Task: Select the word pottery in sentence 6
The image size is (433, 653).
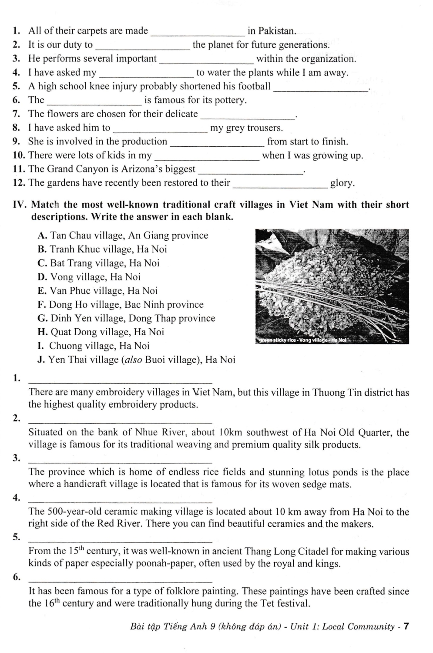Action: click(229, 100)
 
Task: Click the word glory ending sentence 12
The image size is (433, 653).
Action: click(342, 183)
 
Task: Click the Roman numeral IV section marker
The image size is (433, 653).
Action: click(20, 205)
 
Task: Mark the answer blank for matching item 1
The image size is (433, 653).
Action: click(120, 380)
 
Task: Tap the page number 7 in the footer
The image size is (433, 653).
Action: click(406, 626)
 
